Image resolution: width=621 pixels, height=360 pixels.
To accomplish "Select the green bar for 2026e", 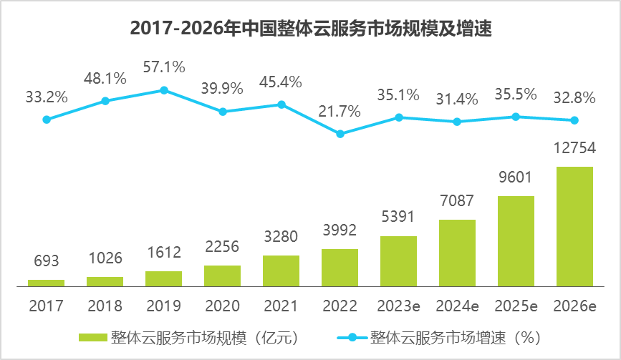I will coord(574,226).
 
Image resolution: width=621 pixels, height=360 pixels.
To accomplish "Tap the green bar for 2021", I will coord(281,271).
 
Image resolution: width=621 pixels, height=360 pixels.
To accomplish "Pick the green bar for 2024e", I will coord(457,253).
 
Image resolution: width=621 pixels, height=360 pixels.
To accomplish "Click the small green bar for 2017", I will coord(47,283).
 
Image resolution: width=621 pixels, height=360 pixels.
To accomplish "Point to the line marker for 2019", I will coord(164,90).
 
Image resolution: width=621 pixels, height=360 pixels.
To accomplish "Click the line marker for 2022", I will coord(340,134).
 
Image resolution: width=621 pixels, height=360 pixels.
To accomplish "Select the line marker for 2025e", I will coord(516,117).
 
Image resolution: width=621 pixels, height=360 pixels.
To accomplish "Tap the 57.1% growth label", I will coord(164,67).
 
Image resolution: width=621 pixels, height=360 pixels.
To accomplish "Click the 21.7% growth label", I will coord(340,111).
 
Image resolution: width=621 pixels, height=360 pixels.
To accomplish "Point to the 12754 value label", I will coord(574,148).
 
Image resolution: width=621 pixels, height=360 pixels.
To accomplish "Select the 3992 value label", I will coord(340,230).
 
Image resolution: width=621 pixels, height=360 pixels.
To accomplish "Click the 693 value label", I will coord(47,261).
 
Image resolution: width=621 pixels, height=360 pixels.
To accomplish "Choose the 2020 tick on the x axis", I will coord(222,306).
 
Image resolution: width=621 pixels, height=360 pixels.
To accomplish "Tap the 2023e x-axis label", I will coord(398,306).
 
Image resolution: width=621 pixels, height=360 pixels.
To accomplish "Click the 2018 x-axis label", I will coord(105,306).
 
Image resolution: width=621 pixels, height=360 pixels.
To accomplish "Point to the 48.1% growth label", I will coord(105,77).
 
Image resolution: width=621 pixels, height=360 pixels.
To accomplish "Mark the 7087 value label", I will coord(457,200).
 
